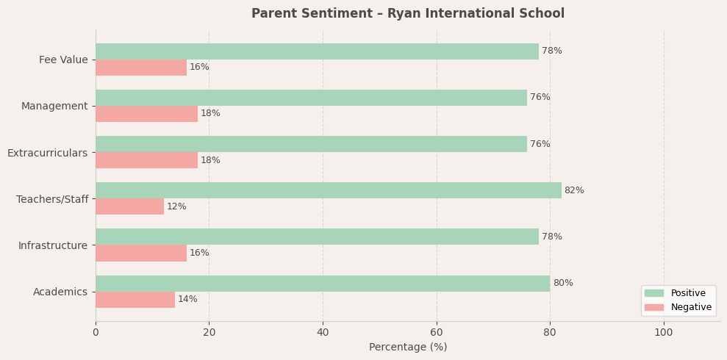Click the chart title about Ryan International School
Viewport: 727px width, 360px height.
[x=408, y=14]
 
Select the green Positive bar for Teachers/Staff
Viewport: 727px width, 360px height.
[x=328, y=190]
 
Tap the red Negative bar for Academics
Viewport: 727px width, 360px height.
[x=135, y=300]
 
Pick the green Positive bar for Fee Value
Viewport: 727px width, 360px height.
[x=317, y=51]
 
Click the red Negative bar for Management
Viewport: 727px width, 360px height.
[x=146, y=114]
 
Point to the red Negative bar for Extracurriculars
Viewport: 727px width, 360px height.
[x=146, y=160]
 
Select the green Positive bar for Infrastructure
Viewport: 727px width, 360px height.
[x=317, y=237]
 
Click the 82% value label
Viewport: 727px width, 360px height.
[x=574, y=191]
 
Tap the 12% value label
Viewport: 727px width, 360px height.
[x=176, y=207]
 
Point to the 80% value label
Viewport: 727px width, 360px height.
[x=563, y=284]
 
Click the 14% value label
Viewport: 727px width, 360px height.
[x=187, y=300]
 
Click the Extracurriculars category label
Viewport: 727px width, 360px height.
[x=47, y=153]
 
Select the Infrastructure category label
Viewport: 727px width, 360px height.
[x=53, y=245]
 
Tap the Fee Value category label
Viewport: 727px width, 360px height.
[x=63, y=60]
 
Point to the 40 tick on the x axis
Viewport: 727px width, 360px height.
[x=323, y=333]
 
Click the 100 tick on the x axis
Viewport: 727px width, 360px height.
[x=664, y=333]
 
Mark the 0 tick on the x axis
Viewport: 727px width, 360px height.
[x=96, y=333]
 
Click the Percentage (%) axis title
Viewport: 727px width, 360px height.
[x=408, y=348]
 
